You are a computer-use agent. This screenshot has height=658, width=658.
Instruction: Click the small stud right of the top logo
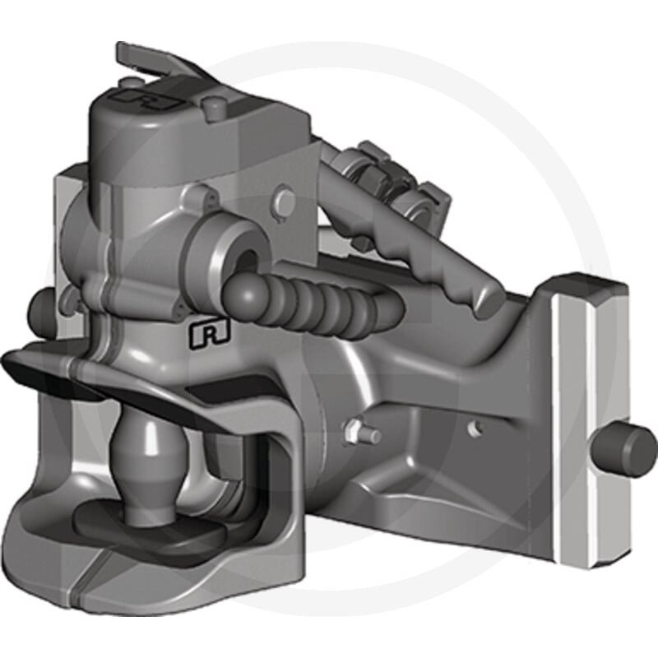206,103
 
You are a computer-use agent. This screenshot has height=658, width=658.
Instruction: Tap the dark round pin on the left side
38,306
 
